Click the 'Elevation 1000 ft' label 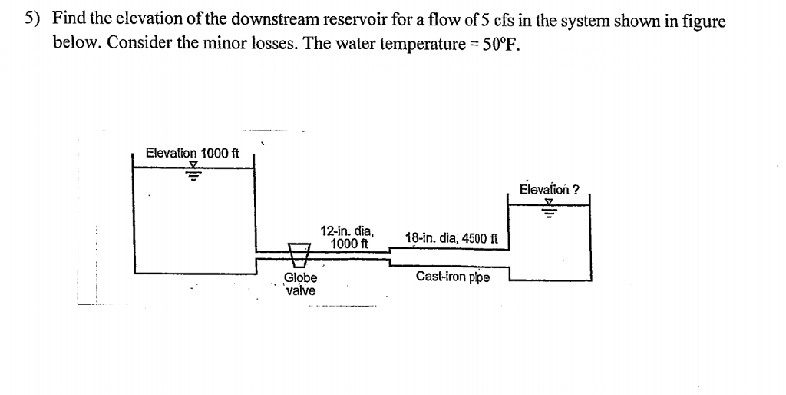193,153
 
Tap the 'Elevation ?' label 549,190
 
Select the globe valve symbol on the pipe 299,251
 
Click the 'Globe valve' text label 300,284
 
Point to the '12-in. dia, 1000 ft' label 347,237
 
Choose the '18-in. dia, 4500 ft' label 451,238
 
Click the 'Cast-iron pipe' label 453,277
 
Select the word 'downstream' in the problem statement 247,20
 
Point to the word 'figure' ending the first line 703,20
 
